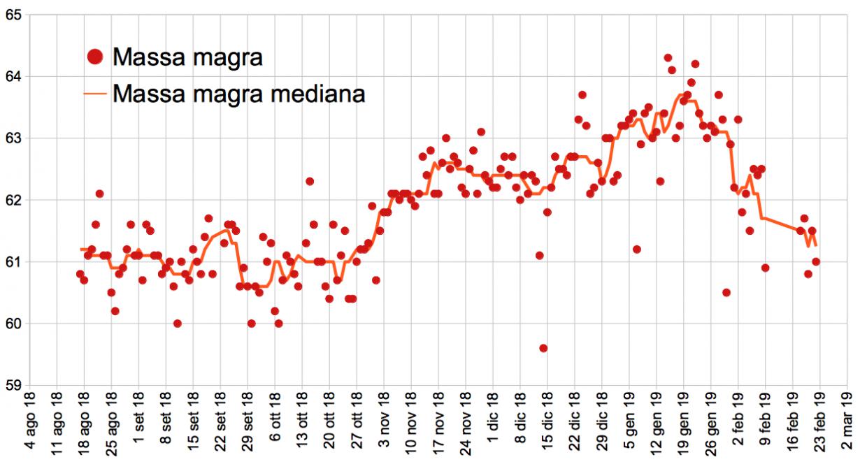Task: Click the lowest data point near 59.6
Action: tap(543, 348)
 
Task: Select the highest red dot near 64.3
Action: tap(668, 58)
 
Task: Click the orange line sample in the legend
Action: tap(96, 93)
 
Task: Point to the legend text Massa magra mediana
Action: tap(238, 93)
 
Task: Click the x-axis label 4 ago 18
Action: tap(29, 427)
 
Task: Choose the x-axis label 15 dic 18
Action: tap(547, 427)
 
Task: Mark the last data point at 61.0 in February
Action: tap(816, 261)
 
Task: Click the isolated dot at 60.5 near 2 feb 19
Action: tap(726, 292)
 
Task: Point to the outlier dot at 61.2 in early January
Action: tap(636, 249)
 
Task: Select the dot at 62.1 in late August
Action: tap(99, 194)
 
